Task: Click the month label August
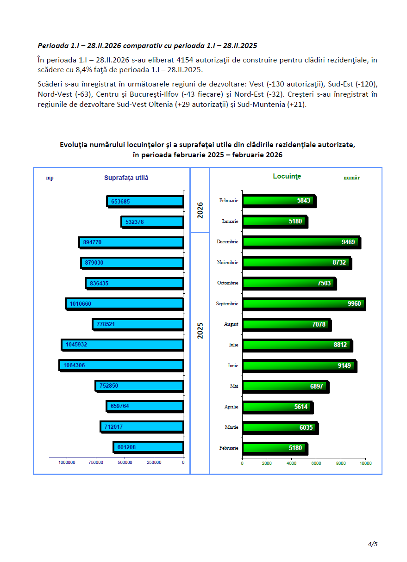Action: pyautogui.click(x=231, y=324)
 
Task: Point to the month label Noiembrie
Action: pyautogui.click(x=227, y=262)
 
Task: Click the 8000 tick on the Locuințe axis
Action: pyautogui.click(x=341, y=463)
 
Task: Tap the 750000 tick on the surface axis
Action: pyautogui.click(x=96, y=463)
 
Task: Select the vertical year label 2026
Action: pyautogui.click(x=200, y=210)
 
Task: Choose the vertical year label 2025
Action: pyautogui.click(x=200, y=330)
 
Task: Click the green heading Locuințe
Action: pyautogui.click(x=287, y=176)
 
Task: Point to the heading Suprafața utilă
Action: pyautogui.click(x=126, y=178)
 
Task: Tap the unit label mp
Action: pyautogui.click(x=50, y=178)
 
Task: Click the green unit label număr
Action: pyautogui.click(x=351, y=178)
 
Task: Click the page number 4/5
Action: pyautogui.click(x=373, y=544)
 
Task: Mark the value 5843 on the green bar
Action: pyautogui.click(x=304, y=200)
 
